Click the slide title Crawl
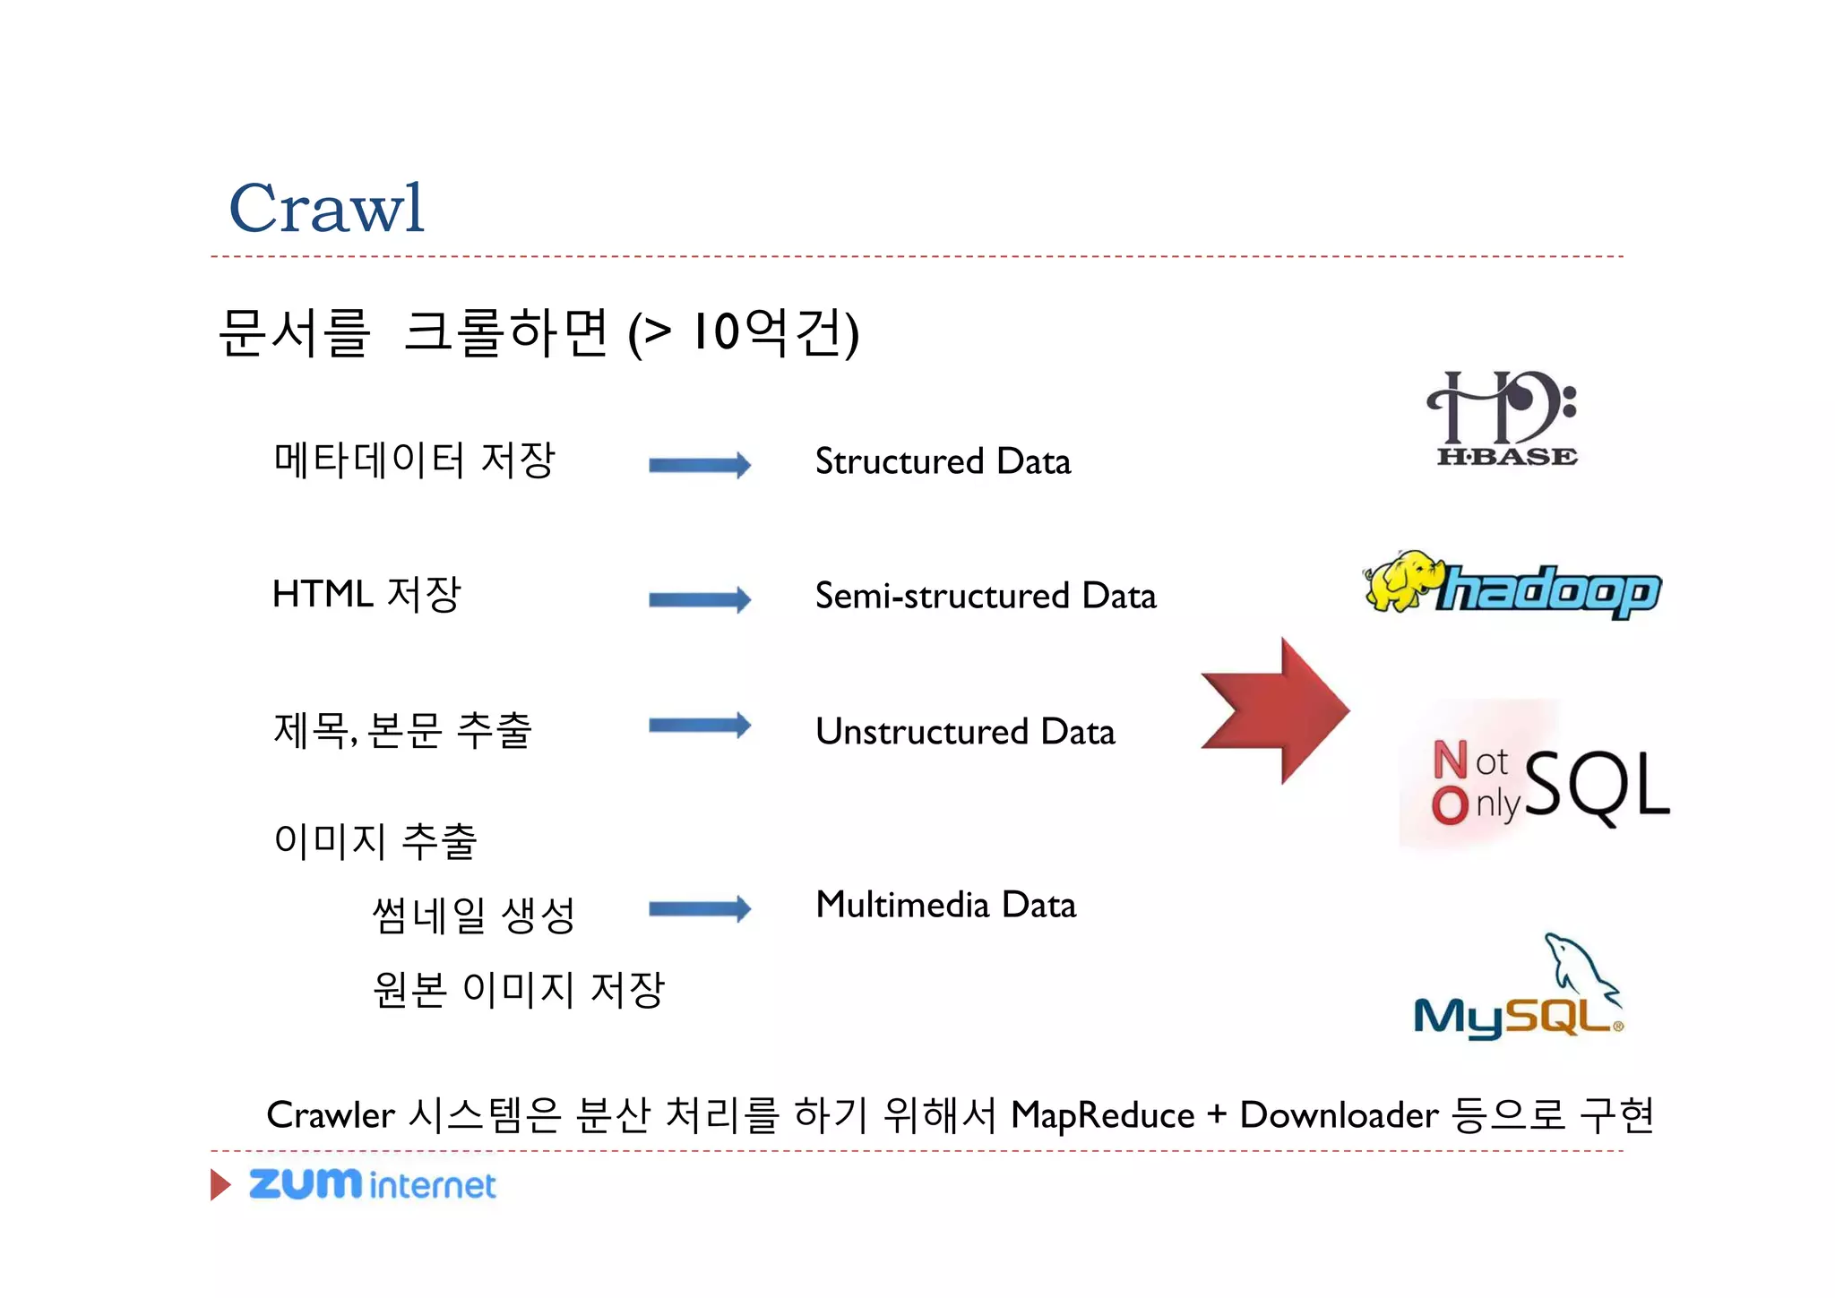coord(326,208)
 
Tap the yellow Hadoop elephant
coord(1400,580)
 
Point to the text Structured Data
coord(943,462)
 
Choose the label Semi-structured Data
coord(986,597)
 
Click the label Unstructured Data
coord(965,732)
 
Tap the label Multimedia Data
coord(945,905)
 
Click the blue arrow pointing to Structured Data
coord(699,465)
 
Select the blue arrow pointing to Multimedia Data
coord(699,909)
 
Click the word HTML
coord(323,594)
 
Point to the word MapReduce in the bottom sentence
coord(1102,1116)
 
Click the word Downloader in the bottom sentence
coord(1339,1116)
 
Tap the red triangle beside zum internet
coord(220,1184)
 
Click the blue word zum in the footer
coord(305,1183)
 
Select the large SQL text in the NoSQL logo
coord(1597,785)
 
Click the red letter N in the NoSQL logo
coord(1450,760)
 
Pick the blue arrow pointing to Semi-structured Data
coord(699,599)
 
